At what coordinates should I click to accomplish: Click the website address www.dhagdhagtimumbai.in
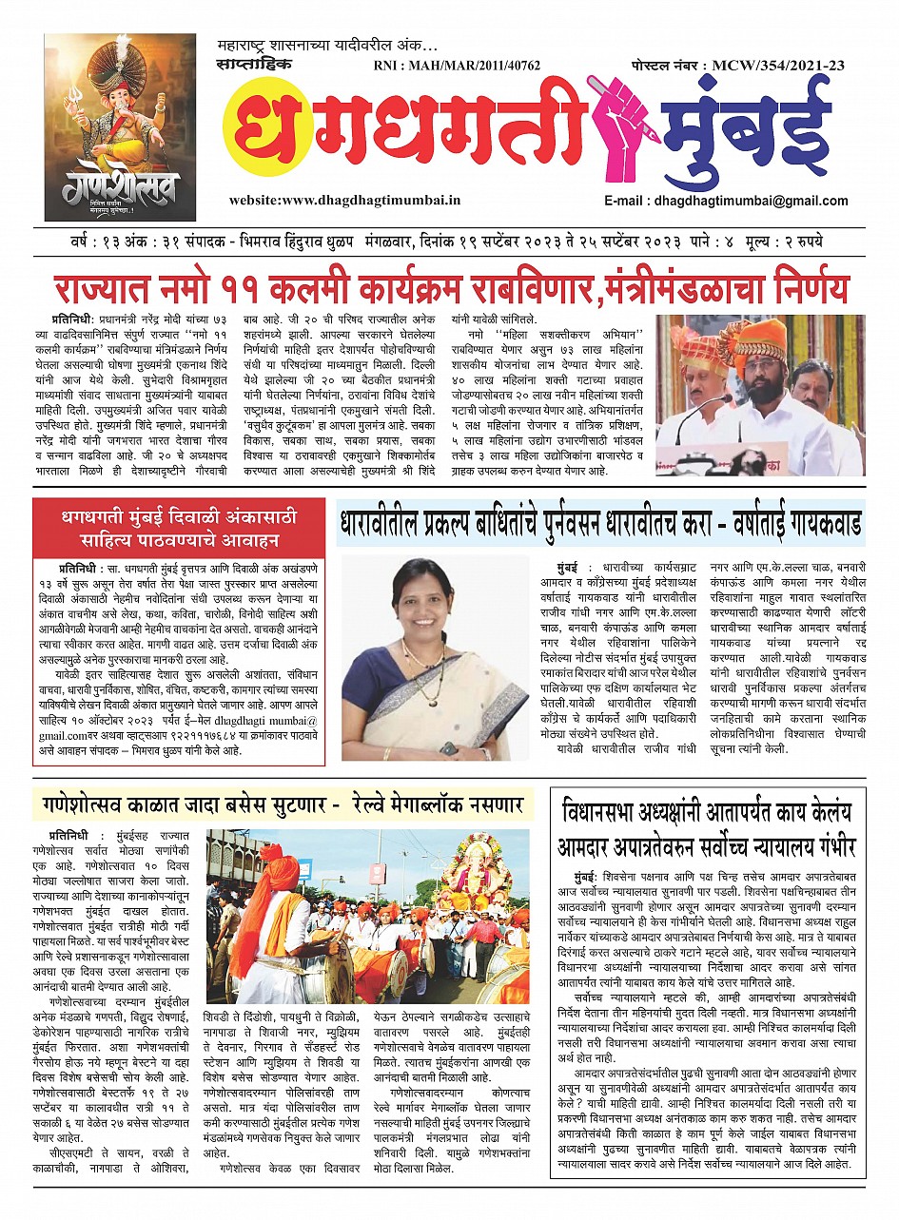tap(344, 201)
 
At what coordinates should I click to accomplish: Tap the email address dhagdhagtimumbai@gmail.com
tap(726, 201)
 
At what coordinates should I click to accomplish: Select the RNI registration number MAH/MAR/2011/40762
tap(458, 67)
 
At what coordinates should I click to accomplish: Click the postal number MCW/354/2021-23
tap(738, 66)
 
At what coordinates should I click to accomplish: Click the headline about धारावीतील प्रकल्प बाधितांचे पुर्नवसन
tap(600, 524)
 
